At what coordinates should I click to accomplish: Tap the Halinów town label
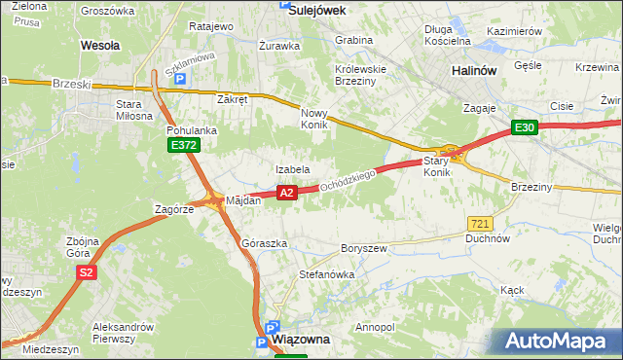point(477,71)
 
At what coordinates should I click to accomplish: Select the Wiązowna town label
point(302,340)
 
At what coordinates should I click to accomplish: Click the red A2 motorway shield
point(286,194)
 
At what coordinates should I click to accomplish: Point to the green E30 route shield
point(526,127)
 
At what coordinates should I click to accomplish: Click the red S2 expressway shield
point(87,272)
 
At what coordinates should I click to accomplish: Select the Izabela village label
point(292,169)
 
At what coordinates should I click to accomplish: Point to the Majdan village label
point(243,200)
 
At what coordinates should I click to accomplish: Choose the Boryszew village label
point(364,249)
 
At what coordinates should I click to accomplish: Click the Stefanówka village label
point(326,274)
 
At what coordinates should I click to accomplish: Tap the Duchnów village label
point(488,237)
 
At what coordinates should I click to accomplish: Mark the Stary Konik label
point(438,165)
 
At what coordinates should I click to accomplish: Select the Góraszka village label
point(263,242)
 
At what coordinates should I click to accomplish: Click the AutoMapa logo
point(561,341)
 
